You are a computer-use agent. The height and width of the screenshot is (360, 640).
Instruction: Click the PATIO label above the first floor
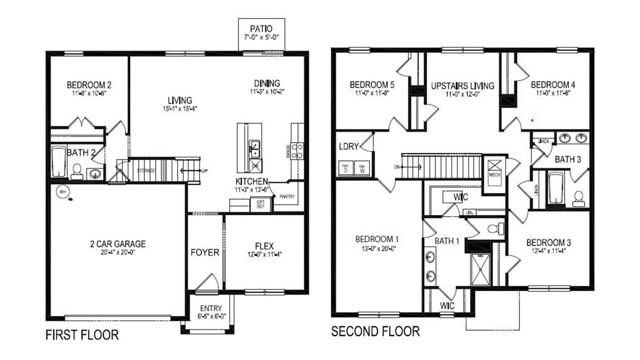pyautogui.click(x=261, y=29)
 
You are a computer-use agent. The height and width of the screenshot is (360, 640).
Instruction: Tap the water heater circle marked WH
pyautogui.click(x=63, y=192)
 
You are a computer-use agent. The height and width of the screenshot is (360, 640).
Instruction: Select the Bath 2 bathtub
pyautogui.click(x=59, y=162)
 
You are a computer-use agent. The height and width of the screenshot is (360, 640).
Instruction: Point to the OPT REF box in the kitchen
pyautogui.click(x=260, y=204)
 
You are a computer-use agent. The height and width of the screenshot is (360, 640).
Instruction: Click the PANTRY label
pyautogui.click(x=287, y=196)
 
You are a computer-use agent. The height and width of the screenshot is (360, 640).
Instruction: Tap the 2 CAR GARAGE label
pyautogui.click(x=118, y=244)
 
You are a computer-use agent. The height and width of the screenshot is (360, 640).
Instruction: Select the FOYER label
pyautogui.click(x=205, y=252)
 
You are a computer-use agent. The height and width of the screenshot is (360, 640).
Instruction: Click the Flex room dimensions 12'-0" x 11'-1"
pyautogui.click(x=264, y=254)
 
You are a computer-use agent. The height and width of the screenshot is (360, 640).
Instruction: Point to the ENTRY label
pyautogui.click(x=211, y=308)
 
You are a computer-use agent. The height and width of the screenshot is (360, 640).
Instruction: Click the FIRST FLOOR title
pyautogui.click(x=82, y=335)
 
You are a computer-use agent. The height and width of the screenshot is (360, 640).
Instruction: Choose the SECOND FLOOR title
pyautogui.click(x=375, y=331)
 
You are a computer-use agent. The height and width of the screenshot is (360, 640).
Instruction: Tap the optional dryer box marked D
pyautogui.click(x=346, y=168)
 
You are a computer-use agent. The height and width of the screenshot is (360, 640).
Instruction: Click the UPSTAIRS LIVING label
pyautogui.click(x=462, y=86)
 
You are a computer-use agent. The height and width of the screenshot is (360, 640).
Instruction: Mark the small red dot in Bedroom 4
pyautogui.click(x=532, y=120)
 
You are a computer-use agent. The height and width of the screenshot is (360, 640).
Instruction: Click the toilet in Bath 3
pyautogui.click(x=578, y=198)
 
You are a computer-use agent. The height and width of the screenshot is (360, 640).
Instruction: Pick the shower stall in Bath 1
pyautogui.click(x=480, y=269)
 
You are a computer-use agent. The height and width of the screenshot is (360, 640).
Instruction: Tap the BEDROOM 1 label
pyautogui.click(x=377, y=239)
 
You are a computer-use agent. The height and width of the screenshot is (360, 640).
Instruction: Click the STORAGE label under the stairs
pyautogui.click(x=146, y=170)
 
